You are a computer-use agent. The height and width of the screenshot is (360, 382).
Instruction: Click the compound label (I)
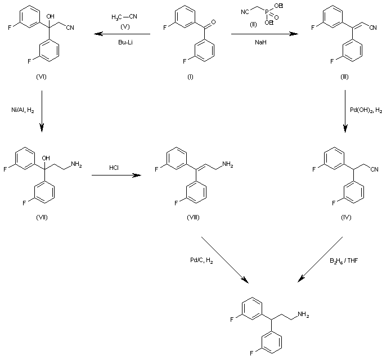click(x=190, y=77)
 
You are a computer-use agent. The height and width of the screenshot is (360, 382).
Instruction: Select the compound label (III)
click(x=344, y=77)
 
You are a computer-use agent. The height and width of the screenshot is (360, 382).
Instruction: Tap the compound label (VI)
click(x=39, y=77)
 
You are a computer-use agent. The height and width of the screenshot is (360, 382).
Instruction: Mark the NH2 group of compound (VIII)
click(x=228, y=164)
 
